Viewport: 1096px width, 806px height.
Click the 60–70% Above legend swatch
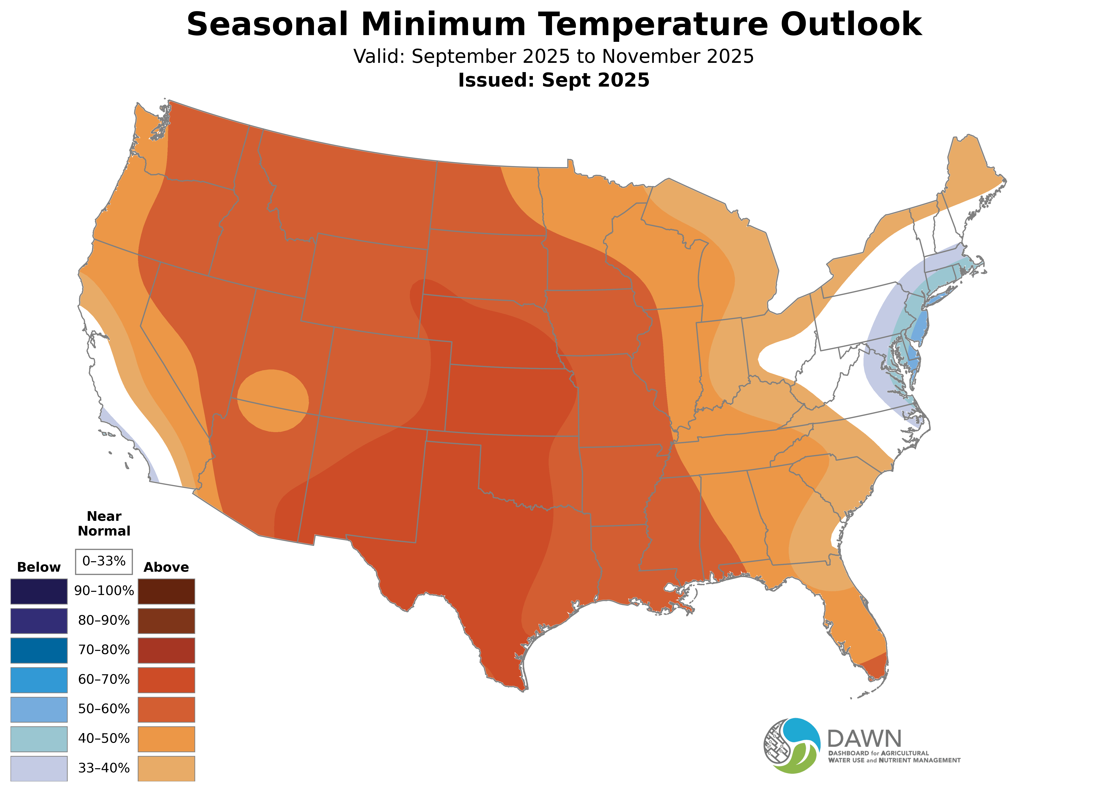click(166, 680)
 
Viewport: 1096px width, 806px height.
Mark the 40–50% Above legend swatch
click(166, 739)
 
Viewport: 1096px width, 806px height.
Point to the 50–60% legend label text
click(104, 709)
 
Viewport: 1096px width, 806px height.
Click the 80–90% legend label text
click(104, 621)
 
